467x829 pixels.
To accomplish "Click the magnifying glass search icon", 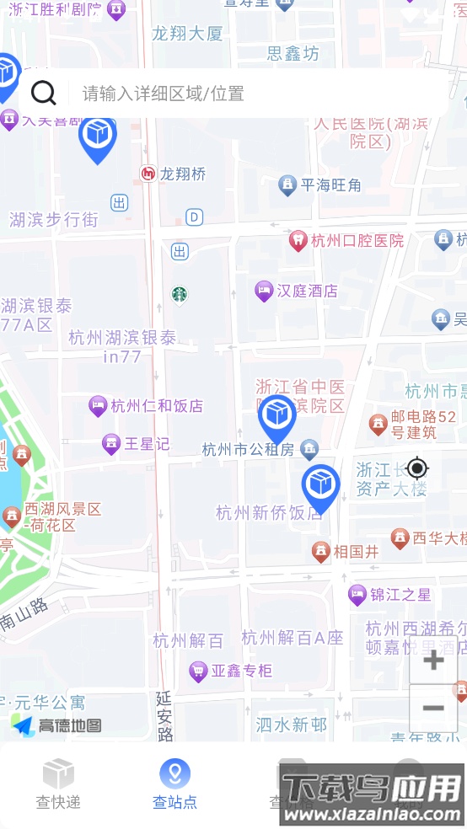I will tap(43, 93).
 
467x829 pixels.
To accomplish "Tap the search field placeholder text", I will tap(164, 94).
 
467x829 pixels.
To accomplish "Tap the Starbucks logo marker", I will tap(179, 294).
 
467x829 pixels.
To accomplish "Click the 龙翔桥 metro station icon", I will tap(148, 174).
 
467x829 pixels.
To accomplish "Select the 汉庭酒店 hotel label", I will tap(306, 291).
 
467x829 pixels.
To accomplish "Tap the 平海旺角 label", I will tap(330, 185).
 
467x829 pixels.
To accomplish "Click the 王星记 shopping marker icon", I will tap(110, 442).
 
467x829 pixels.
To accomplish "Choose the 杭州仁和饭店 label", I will tap(157, 406).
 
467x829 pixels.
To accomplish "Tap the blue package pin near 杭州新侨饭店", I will tap(320, 486).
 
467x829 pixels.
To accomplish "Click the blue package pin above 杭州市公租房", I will tap(276, 415).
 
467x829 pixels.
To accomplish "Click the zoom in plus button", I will tap(433, 660).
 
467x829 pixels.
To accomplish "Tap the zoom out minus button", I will tap(433, 708).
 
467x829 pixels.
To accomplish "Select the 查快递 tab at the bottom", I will tap(58, 784).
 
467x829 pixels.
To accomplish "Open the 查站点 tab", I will tap(174, 784).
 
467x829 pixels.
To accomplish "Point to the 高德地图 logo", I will tap(57, 725).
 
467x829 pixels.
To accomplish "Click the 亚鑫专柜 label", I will tap(241, 671).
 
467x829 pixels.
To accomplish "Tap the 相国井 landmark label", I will tap(356, 552).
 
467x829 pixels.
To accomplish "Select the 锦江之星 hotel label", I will tap(400, 595).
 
